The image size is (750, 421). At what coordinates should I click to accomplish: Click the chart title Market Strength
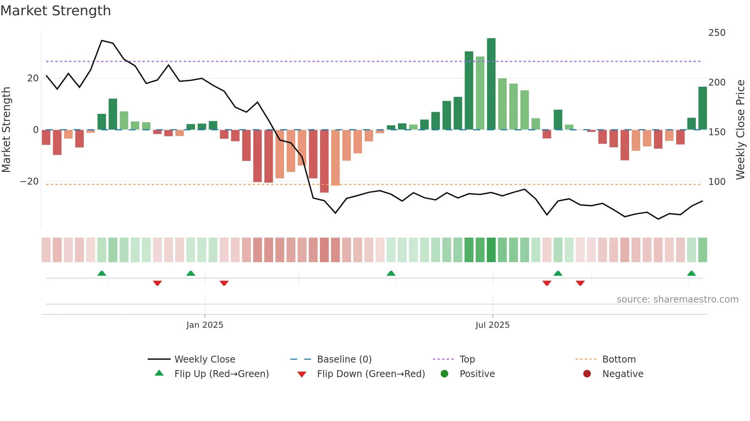[x=55, y=11]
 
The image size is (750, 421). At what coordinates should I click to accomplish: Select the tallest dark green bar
[x=491, y=84]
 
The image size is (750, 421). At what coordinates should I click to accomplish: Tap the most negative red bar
[x=324, y=161]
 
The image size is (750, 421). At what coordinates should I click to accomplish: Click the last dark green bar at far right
[x=702, y=108]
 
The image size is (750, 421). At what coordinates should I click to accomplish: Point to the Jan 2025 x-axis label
[x=205, y=325]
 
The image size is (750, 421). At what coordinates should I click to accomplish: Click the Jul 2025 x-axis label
[x=492, y=325]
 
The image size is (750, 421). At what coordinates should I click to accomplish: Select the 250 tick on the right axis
[x=717, y=33]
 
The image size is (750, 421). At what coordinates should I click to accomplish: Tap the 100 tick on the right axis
[x=717, y=182]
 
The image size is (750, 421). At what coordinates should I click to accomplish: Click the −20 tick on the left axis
[x=29, y=181]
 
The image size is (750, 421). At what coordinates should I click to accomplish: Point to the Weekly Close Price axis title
[x=740, y=130]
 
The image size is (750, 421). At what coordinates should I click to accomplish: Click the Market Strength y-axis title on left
[x=7, y=130]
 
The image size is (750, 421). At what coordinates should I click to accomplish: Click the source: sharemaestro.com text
[x=677, y=300]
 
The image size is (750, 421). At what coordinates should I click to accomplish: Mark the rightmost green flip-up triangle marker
[x=691, y=274]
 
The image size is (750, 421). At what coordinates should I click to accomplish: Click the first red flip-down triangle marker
[x=157, y=283]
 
